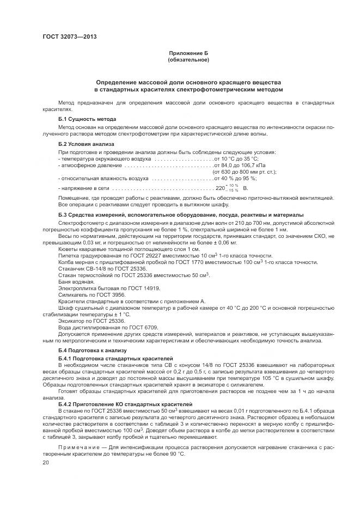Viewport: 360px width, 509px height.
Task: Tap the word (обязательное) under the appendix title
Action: pyautogui.click(x=188, y=60)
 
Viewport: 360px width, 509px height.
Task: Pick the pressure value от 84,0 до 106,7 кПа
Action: pyautogui.click(x=240, y=164)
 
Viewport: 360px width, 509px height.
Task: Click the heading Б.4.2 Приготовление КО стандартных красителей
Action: pyautogui.click(x=125, y=404)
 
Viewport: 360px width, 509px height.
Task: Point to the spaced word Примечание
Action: pyautogui.click(x=81, y=447)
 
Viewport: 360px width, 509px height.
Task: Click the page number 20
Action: pyautogui.click(x=46, y=462)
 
